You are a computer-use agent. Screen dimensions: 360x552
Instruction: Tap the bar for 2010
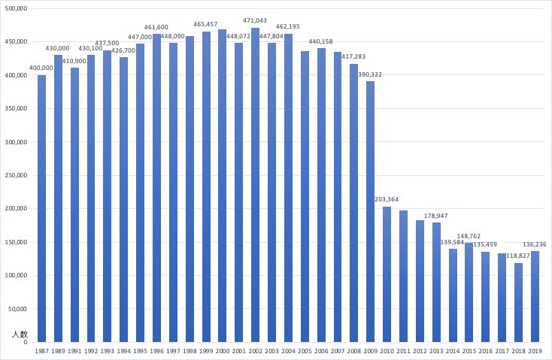point(387,274)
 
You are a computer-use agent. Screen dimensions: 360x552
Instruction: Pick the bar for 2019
point(535,296)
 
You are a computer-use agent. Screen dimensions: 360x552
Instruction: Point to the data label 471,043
point(255,20)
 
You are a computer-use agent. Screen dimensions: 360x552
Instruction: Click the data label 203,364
point(387,199)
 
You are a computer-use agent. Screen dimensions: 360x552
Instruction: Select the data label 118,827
point(518,256)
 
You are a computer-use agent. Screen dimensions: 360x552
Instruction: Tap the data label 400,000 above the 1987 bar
point(41,68)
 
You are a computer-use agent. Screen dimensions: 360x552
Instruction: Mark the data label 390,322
point(370,74)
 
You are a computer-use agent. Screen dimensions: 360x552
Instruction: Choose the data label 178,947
point(436,216)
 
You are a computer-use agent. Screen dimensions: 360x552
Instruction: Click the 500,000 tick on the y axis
point(16,8)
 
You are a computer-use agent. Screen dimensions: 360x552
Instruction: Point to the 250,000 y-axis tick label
point(16,175)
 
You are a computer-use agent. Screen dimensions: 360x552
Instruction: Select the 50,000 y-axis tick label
point(18,309)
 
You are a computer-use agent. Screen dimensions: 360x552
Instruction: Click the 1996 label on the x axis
point(156,351)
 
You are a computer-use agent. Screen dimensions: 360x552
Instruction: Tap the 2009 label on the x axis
point(370,351)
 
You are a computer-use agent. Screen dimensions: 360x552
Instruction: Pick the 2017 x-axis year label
point(502,351)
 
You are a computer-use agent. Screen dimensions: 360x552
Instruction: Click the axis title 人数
point(19,334)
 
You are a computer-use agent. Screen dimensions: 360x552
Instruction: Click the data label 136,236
point(535,244)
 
